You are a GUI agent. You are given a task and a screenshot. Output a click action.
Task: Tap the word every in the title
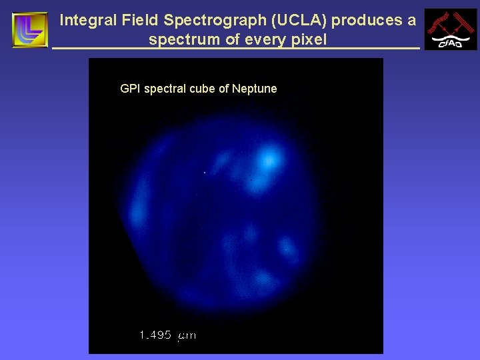point(263,40)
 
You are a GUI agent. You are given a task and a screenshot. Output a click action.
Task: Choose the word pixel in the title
point(308,40)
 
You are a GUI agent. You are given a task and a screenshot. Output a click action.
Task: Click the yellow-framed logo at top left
point(30,30)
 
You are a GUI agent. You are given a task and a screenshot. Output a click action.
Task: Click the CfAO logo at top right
point(451,29)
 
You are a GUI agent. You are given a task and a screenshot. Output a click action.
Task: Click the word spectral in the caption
point(164,89)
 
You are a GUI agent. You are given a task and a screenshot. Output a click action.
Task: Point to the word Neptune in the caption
point(254,89)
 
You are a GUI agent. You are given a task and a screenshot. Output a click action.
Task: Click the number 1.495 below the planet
point(156,335)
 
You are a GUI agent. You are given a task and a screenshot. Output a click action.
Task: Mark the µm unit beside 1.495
point(187,336)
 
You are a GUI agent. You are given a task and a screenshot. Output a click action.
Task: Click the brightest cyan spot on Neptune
point(269,160)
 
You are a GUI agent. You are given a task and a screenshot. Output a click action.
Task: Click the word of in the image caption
point(223,89)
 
